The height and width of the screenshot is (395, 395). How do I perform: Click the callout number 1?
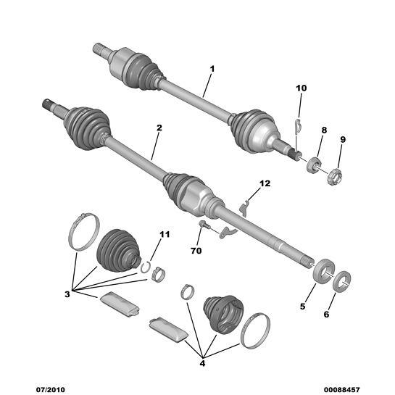click(x=212, y=69)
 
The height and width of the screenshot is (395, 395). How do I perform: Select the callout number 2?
click(x=159, y=128)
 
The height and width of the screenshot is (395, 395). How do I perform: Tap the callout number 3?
click(x=67, y=294)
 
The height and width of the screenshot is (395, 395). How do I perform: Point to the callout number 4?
click(x=202, y=363)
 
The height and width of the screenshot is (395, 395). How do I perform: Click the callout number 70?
click(x=196, y=251)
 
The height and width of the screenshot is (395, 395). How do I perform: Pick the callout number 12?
click(x=265, y=183)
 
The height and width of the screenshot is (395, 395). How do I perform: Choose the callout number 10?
click(x=302, y=88)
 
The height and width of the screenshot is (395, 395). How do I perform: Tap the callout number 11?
click(x=165, y=235)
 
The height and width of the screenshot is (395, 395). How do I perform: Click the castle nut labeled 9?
click(x=335, y=177)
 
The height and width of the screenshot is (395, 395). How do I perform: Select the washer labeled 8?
click(x=312, y=165)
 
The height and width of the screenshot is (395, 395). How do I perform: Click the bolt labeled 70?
click(x=204, y=224)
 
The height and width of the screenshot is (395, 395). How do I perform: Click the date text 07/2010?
click(x=51, y=389)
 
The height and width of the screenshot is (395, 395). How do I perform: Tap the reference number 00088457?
click(x=342, y=389)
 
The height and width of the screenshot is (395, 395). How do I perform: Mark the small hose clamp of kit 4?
click(x=188, y=292)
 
